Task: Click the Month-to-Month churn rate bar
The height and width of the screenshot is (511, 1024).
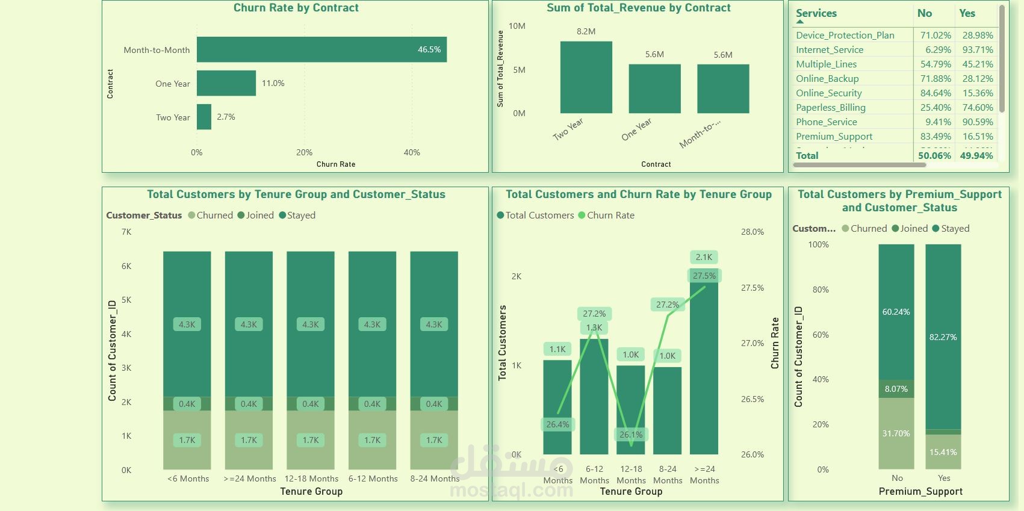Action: pyautogui.click(x=321, y=49)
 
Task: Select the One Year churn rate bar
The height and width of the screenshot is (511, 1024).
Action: pyautogui.click(x=226, y=83)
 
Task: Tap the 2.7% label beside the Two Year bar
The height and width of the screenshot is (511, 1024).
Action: pyautogui.click(x=226, y=117)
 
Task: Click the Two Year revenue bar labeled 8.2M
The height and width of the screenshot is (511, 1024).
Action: pyautogui.click(x=586, y=77)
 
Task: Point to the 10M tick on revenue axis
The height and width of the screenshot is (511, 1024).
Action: pyautogui.click(x=517, y=26)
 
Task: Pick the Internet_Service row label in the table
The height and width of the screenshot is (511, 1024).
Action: pyautogui.click(x=829, y=50)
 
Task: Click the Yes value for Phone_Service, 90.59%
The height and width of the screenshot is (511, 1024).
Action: pyautogui.click(x=977, y=122)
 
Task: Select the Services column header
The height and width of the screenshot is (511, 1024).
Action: pyautogui.click(x=816, y=13)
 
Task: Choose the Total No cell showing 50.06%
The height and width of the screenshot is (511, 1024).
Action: pyautogui.click(x=934, y=156)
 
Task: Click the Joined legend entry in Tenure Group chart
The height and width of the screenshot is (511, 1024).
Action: pyautogui.click(x=256, y=215)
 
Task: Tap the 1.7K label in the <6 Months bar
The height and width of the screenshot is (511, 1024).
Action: pyautogui.click(x=187, y=440)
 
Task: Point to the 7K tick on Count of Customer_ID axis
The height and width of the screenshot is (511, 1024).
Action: pyautogui.click(x=126, y=232)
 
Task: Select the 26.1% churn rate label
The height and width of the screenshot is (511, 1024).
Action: pyautogui.click(x=630, y=435)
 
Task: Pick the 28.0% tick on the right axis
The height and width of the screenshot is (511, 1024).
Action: pyautogui.click(x=752, y=232)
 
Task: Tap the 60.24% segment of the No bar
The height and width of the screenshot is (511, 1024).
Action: pyautogui.click(x=896, y=312)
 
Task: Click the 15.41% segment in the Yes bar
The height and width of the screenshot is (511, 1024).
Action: pyautogui.click(x=943, y=452)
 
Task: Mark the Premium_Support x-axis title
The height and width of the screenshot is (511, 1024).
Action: pyautogui.click(x=920, y=492)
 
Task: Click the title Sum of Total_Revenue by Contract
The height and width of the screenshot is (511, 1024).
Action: pyautogui.click(x=638, y=8)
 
